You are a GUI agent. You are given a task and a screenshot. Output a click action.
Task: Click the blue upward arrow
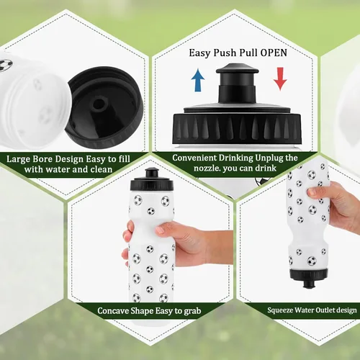tap(198, 80)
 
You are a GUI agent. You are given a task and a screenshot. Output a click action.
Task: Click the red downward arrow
tap(280, 78)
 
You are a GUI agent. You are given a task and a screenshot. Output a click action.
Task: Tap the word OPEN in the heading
tap(274, 53)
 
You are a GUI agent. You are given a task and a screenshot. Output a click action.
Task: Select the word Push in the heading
tap(224, 53)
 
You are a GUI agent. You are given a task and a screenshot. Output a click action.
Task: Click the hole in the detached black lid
tap(99, 104)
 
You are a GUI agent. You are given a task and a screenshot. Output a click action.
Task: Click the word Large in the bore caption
tap(18, 159)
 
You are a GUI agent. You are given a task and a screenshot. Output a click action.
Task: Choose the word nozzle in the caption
tap(207, 168)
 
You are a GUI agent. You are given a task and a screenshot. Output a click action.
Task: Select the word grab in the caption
tap(192, 311)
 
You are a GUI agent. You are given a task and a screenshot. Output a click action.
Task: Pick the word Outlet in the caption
tap(325, 310)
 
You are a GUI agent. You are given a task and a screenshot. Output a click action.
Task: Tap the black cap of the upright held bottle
tap(152, 180)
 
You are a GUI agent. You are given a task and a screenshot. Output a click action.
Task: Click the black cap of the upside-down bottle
tap(309, 278)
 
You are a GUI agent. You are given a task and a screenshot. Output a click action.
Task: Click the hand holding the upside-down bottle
tap(336, 202)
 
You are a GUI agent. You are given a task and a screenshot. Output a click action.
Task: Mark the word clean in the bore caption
tap(101, 169)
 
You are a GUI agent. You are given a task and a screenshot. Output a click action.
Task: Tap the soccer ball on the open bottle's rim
tap(6, 65)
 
